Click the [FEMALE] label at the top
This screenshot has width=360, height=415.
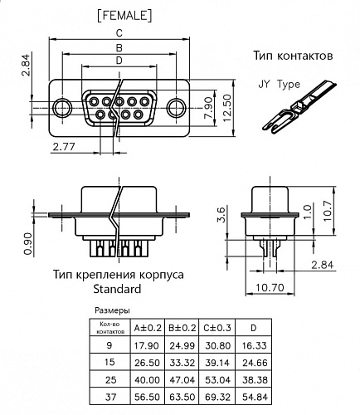coord(122,14)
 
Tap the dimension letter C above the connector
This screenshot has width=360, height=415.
coord(121,33)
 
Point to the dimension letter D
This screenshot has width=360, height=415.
coord(119,60)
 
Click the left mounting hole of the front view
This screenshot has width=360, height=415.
coord(62,108)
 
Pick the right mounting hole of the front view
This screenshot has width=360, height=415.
coord(177,108)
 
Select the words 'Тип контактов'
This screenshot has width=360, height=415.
coord(293,56)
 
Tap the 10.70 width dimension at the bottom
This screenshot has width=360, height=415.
coord(270,289)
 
